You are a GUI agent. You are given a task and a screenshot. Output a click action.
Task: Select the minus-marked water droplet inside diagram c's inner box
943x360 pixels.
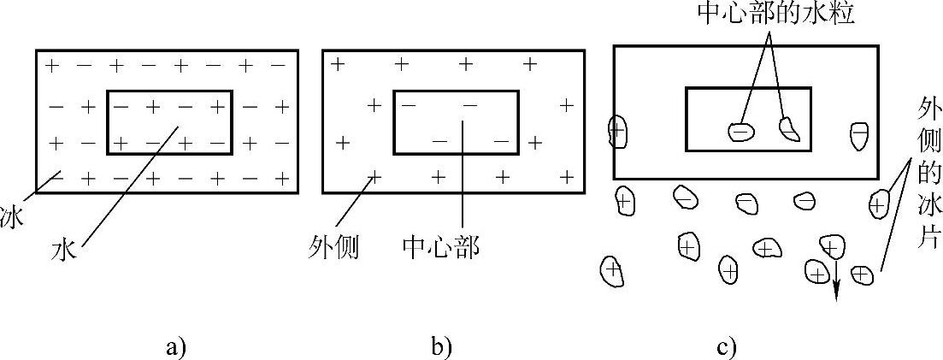pos(741,131)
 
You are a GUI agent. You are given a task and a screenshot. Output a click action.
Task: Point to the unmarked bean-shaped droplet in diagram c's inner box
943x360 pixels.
pos(789,128)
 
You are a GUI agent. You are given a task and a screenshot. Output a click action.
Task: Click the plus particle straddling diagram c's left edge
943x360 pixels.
pos(616,130)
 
